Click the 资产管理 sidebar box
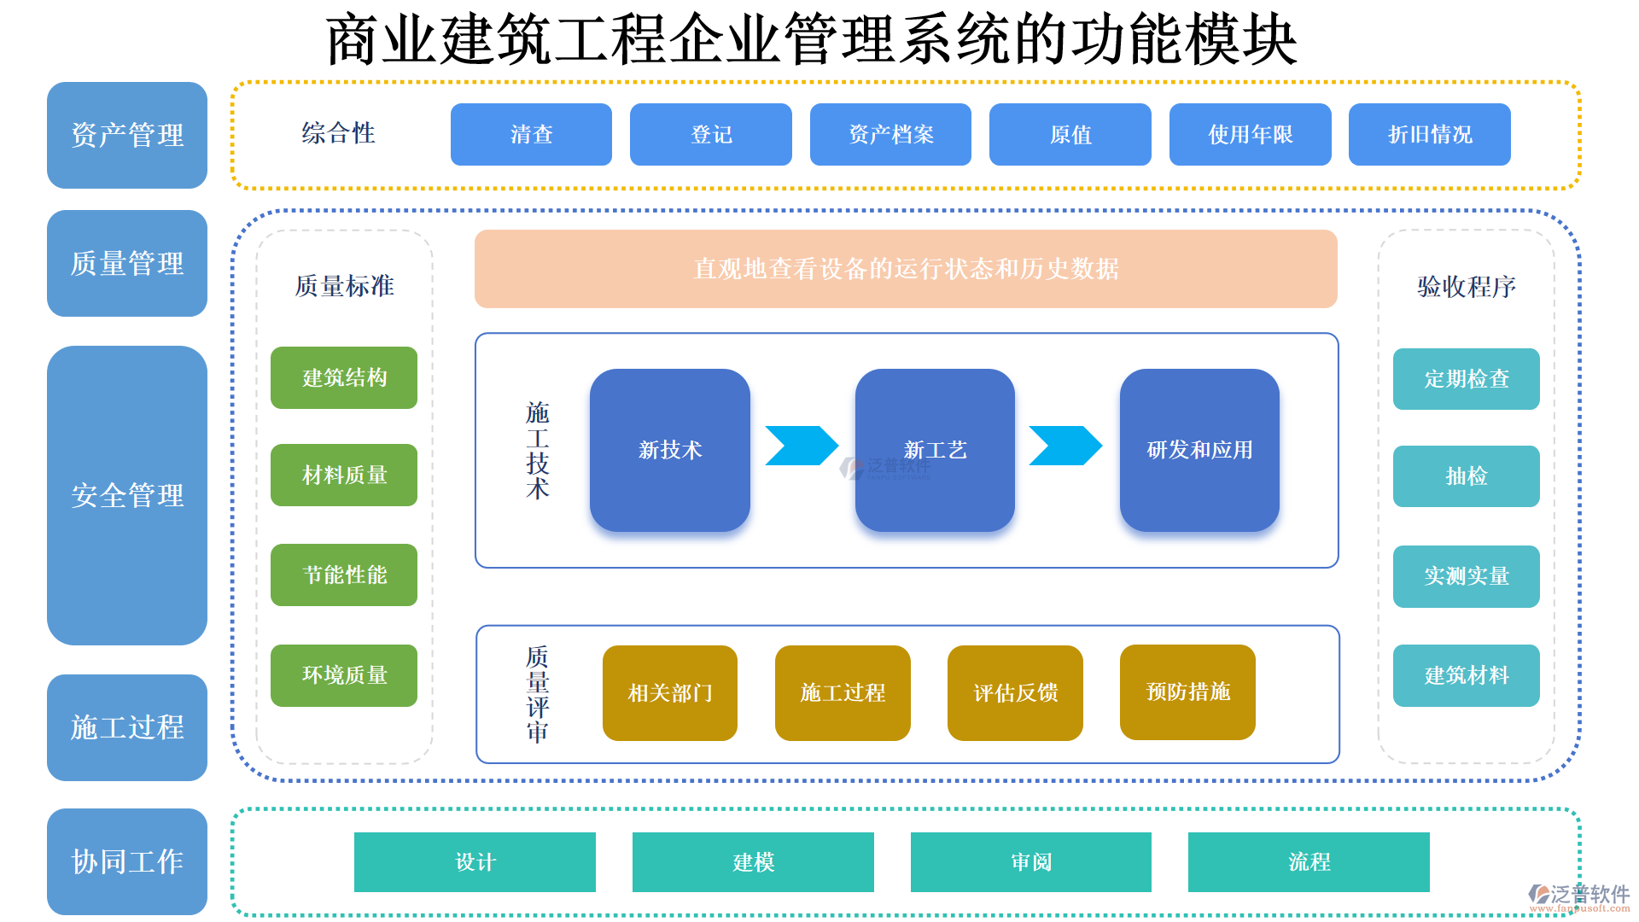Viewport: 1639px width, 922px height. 126,135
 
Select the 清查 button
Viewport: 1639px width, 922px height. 531,134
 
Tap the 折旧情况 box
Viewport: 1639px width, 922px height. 1429,134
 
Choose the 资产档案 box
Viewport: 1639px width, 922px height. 890,134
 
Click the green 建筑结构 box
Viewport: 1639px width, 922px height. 344,377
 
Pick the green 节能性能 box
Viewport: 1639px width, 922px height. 344,575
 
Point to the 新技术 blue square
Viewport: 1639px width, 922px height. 669,450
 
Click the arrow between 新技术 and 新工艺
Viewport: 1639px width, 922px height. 800,446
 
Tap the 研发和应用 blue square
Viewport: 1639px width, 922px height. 1199,450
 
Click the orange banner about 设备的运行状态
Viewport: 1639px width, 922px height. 906,269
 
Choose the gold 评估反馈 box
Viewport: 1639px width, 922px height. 1015,692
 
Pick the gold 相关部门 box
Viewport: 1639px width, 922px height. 669,692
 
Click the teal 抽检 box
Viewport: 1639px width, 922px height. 1466,476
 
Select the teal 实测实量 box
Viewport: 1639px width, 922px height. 1466,576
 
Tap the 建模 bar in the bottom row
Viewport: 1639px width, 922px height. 753,862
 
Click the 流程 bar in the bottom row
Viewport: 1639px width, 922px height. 1309,862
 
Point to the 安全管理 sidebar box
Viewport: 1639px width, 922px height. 126,495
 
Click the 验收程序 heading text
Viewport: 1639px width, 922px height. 1466,286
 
